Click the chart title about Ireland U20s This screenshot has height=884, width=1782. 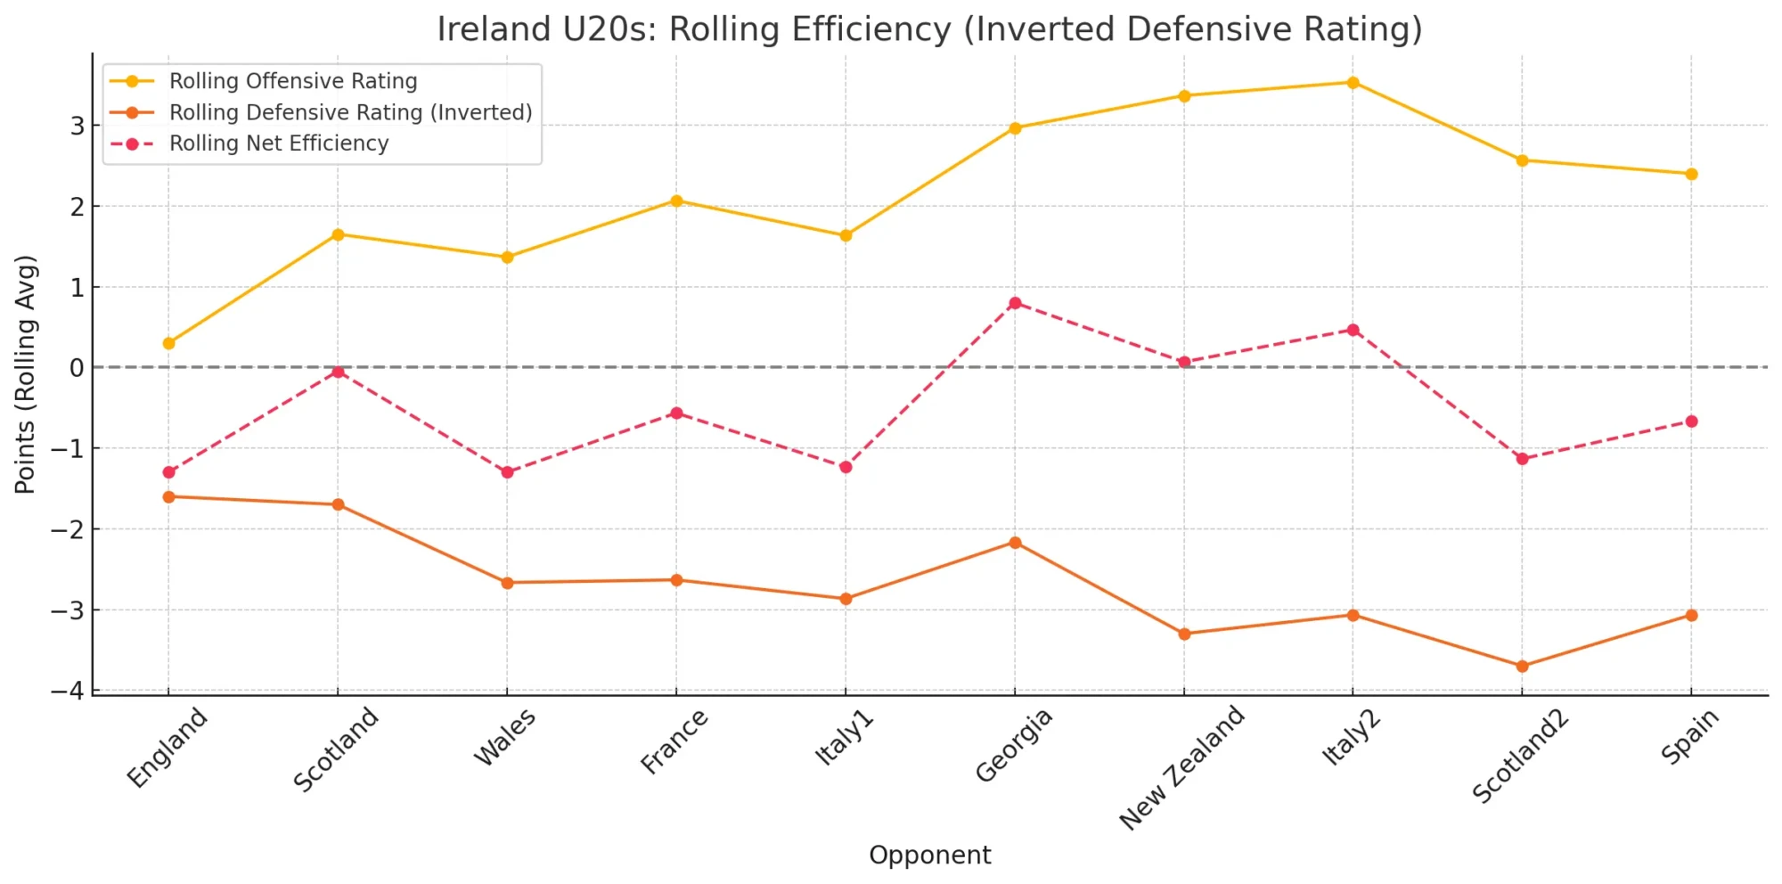point(929,29)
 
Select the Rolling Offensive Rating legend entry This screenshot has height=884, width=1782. point(293,81)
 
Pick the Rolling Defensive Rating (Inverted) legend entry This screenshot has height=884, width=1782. point(350,112)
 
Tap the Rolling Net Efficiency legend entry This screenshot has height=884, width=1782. point(279,143)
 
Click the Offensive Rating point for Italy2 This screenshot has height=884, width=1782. point(1353,83)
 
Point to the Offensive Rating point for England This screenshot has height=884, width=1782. point(168,343)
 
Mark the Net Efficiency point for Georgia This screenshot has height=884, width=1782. point(1015,303)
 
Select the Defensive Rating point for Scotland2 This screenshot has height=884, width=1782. point(1522,666)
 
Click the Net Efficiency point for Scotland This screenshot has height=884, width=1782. point(338,372)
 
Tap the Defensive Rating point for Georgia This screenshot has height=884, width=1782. point(1015,543)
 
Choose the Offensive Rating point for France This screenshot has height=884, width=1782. point(676,201)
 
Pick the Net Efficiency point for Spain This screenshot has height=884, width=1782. point(1691,422)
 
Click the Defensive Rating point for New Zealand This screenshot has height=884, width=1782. point(1184,634)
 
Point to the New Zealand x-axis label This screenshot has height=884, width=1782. point(1182,767)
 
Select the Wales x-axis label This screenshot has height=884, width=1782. point(505,737)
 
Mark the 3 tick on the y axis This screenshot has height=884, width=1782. point(78,126)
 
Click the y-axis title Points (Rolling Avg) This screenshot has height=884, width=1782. point(25,374)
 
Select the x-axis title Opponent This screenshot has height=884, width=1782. point(929,855)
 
